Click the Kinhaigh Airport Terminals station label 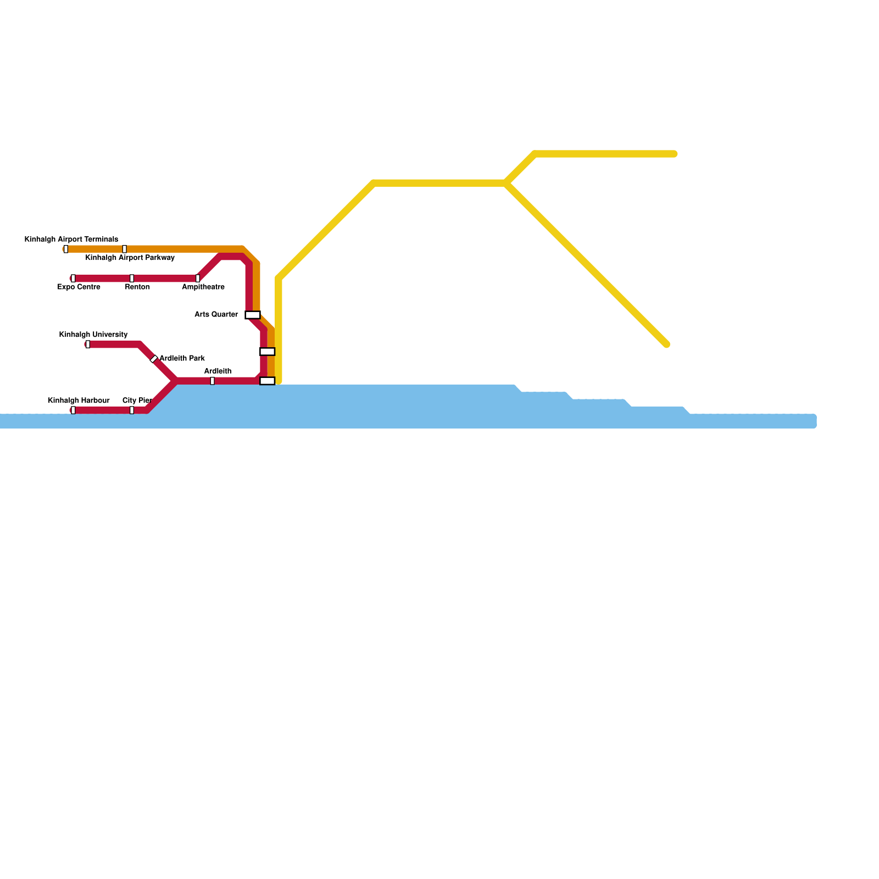71,240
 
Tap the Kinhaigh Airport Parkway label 130,258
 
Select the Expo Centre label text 79,287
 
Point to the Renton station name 137,287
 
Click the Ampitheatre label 203,287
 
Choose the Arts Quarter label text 216,315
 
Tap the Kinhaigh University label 93,335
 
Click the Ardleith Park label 182,358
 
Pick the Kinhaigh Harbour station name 79,400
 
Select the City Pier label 137,400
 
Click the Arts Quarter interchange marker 253,315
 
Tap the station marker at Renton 132,278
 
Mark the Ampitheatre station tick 198,278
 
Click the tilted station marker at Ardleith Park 154,359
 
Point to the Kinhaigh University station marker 88,344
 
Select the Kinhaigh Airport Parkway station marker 125,249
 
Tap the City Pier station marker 132,410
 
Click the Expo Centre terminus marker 73,278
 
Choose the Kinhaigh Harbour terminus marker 73,410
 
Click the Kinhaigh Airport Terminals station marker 66,249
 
